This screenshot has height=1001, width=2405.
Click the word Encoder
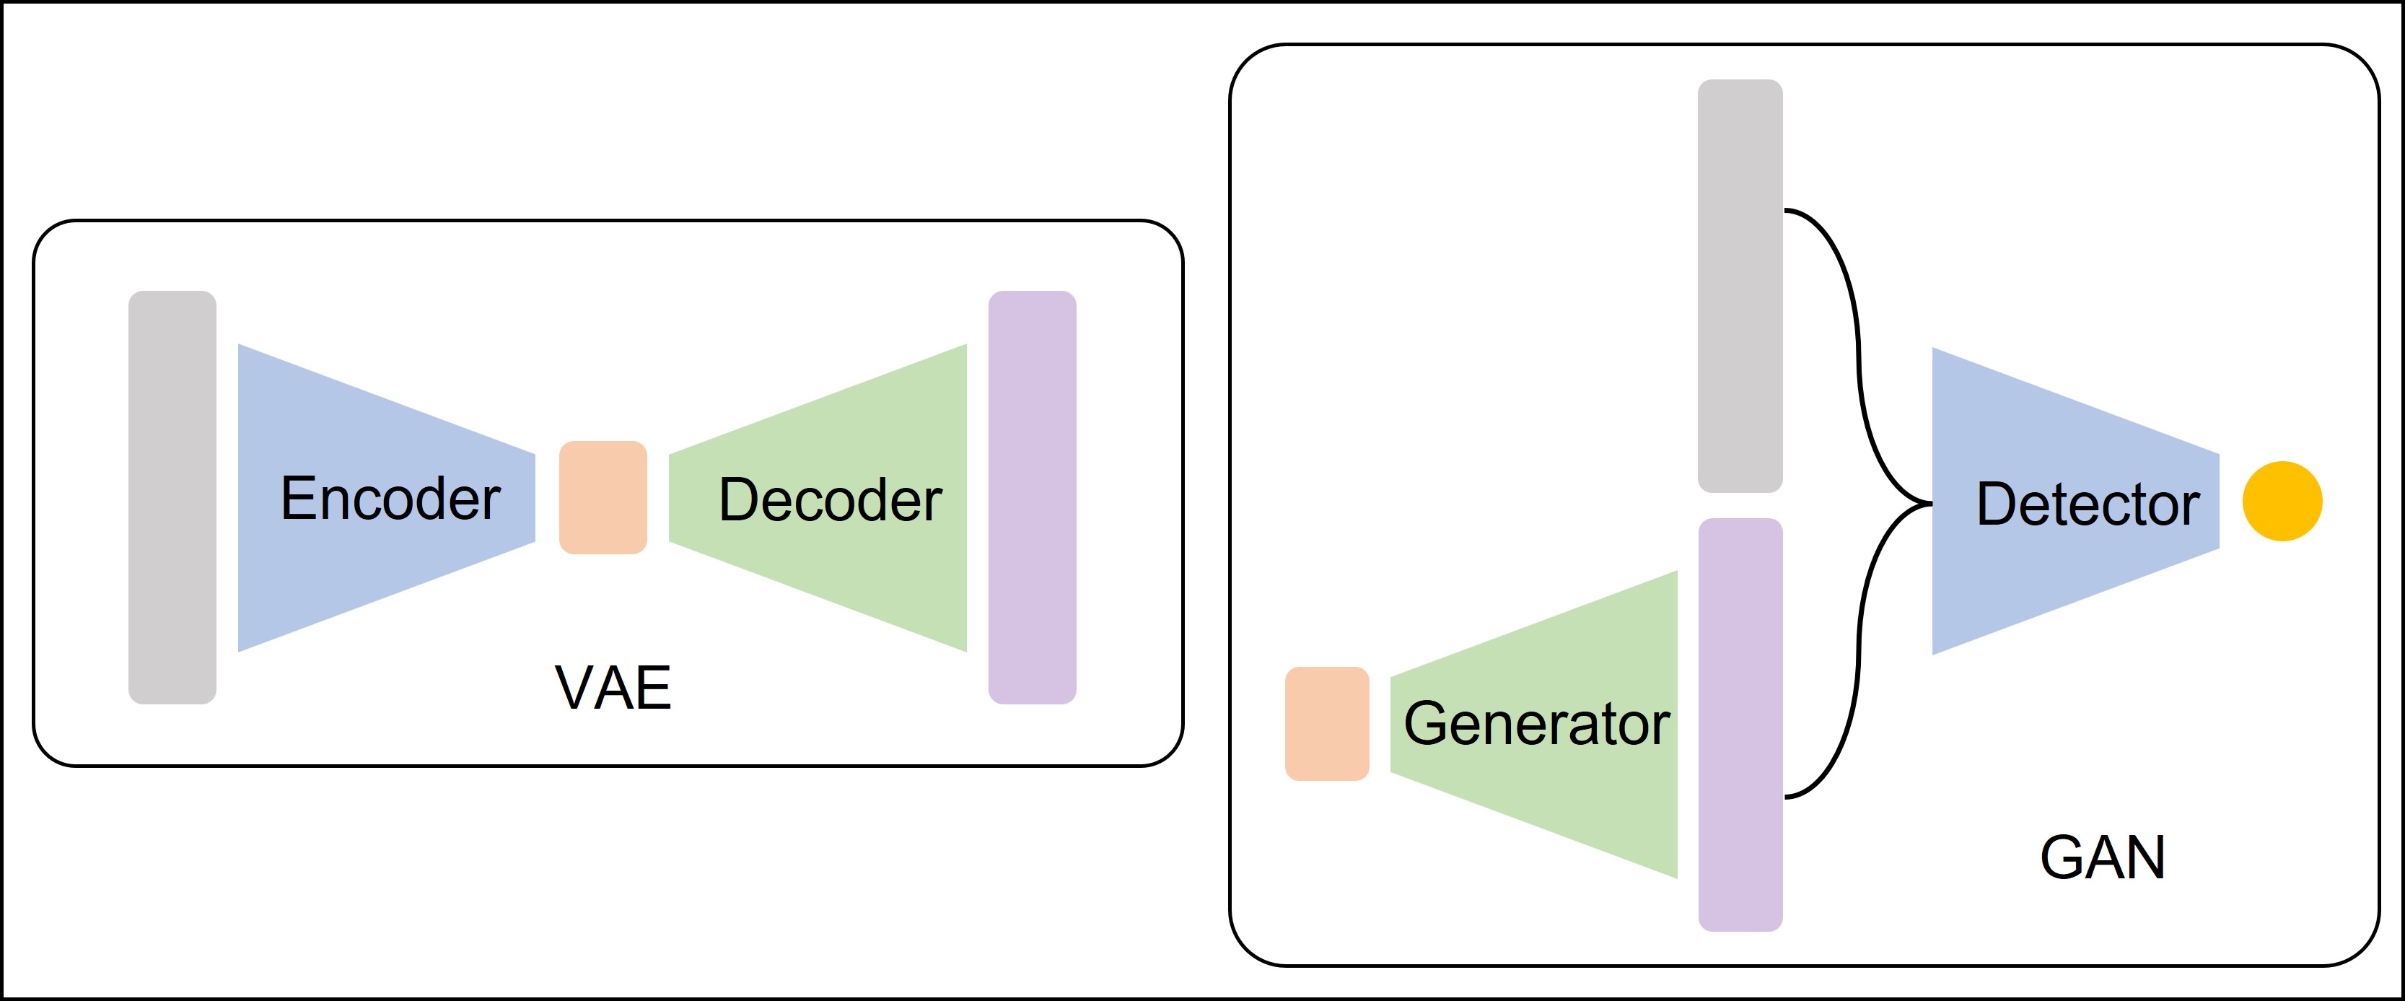pyautogui.click(x=390, y=499)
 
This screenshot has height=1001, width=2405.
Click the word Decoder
pyautogui.click(x=830, y=499)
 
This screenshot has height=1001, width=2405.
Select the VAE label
pyautogui.click(x=613, y=689)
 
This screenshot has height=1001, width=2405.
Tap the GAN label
pyautogui.click(x=2101, y=857)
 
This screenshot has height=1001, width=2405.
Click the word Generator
pyautogui.click(x=1536, y=724)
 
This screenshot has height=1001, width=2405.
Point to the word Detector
pyautogui.click(x=2088, y=504)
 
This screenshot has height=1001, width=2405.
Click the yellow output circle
pyautogui.click(x=2282, y=502)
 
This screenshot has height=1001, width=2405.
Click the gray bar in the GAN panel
pyautogui.click(x=1739, y=286)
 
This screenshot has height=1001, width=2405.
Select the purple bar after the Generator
pyautogui.click(x=1739, y=725)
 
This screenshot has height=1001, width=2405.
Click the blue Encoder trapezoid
pyautogui.click(x=308, y=579)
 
